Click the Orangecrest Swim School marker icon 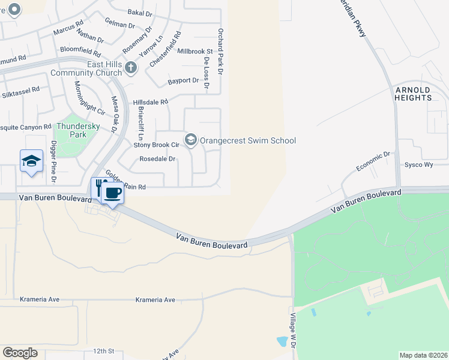pyautogui.click(x=191, y=140)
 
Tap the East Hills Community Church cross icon pyautogui.click(x=131, y=68)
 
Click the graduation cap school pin pyautogui.click(x=31, y=161)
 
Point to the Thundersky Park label pyautogui.click(x=70, y=130)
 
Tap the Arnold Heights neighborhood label pyautogui.click(x=413, y=94)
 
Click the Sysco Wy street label pyautogui.click(x=418, y=164)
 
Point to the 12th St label pyautogui.click(x=103, y=350)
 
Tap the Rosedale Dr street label pyautogui.click(x=157, y=159)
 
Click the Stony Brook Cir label pyautogui.click(x=156, y=145)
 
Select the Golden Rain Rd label pyautogui.click(x=125, y=181)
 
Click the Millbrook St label pyautogui.click(x=195, y=52)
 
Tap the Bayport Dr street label pyautogui.click(x=183, y=80)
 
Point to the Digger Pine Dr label pyautogui.click(x=53, y=162)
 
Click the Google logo pyautogui.click(x=20, y=352)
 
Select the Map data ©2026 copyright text pyautogui.click(x=423, y=355)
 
